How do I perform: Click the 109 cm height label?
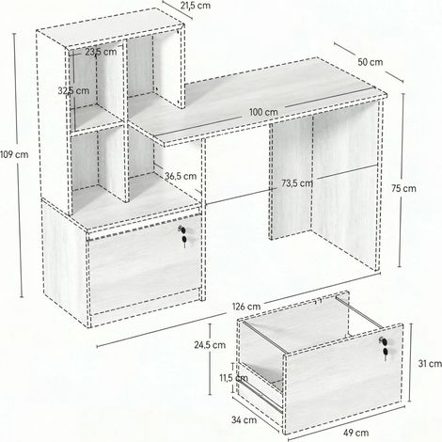click(14, 154)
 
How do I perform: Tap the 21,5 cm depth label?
click(197, 6)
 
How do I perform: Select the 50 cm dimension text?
click(371, 62)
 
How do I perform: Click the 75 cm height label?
click(403, 188)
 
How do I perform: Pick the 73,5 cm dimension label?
click(297, 183)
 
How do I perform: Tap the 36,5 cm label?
click(181, 176)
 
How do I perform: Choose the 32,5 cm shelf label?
click(73, 91)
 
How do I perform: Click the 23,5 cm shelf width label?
click(101, 52)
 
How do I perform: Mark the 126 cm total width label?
click(246, 307)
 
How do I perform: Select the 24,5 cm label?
click(210, 345)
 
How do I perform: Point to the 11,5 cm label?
click(233, 378)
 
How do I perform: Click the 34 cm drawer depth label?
click(244, 419)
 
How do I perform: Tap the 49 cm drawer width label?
click(355, 433)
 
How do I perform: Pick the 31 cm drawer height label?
click(430, 364)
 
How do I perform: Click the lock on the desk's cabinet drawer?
click(183, 235)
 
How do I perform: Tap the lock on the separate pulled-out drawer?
click(384, 347)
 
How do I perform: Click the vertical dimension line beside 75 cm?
click(402, 181)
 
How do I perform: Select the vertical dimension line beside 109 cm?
click(18, 166)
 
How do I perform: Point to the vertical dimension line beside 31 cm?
click(410, 363)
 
